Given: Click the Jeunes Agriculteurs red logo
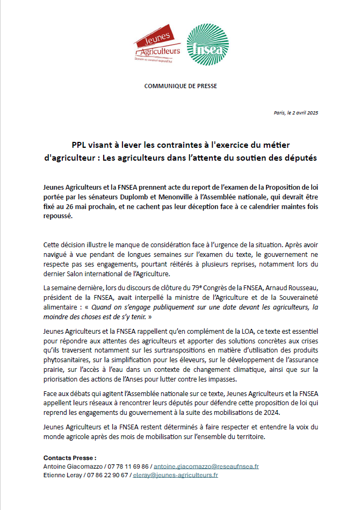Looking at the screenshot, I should (157, 44).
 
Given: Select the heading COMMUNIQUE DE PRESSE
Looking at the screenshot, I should (181, 86).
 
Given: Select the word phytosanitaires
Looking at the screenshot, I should (67, 350).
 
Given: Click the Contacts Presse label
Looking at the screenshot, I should (70, 457).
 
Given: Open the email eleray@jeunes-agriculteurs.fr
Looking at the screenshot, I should (175, 475).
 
